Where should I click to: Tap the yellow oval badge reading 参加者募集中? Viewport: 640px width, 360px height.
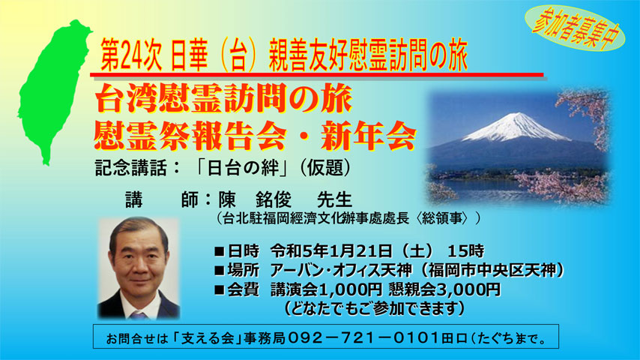[x=574, y=28]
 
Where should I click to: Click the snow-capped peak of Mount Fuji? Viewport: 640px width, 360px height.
[x=515, y=124]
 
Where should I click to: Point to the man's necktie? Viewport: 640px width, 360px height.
[x=139, y=315]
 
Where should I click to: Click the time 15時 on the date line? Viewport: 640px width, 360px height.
[x=465, y=250]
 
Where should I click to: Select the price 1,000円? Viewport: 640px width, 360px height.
[x=350, y=289]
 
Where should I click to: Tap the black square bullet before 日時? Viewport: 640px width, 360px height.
[x=220, y=251]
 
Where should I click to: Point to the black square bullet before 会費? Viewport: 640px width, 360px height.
[x=220, y=289]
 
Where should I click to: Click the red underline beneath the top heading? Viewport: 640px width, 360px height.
[x=317, y=75]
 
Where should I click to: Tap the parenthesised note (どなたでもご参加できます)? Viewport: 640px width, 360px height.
[x=374, y=308]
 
